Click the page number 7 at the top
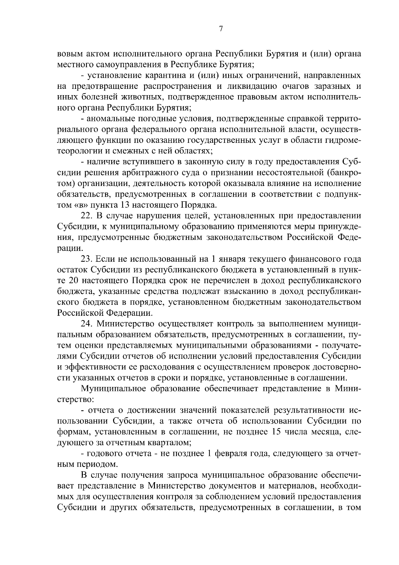click(x=220, y=29)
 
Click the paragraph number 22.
click(x=86, y=216)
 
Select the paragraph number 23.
click(x=86, y=259)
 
